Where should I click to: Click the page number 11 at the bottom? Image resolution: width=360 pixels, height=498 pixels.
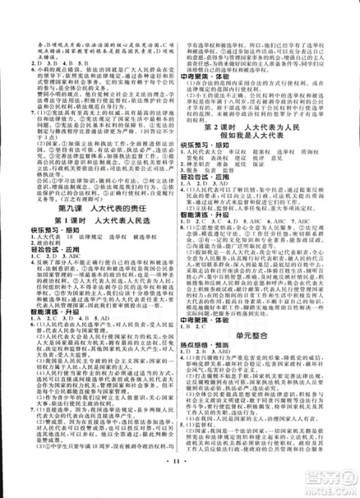pos(180,477)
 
